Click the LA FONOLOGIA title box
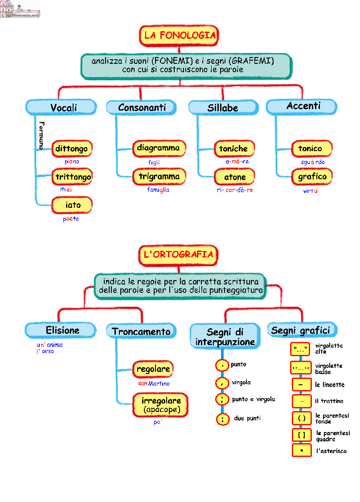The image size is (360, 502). pyautogui.click(x=180, y=36)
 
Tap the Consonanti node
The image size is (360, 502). pyautogui.click(x=142, y=107)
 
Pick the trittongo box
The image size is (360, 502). pyautogui.click(x=73, y=177)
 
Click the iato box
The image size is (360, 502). pyautogui.click(x=73, y=205)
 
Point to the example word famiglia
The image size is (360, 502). pyautogui.click(x=158, y=190)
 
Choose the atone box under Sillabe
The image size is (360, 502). pyautogui.click(x=235, y=177)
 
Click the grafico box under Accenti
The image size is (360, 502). pyautogui.click(x=312, y=177)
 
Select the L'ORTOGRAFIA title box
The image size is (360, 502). pyautogui.click(x=179, y=255)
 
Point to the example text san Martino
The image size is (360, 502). pyautogui.click(x=154, y=383)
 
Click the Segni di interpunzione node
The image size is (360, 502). pyautogui.click(x=225, y=337)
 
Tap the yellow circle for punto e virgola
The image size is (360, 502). pyautogui.click(x=222, y=399)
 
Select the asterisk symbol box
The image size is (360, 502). pyautogui.click(x=302, y=451)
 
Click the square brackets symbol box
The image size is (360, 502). pyautogui.click(x=302, y=434)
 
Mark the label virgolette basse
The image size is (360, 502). pyautogui.click(x=329, y=369)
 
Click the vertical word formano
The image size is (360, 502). pyautogui.click(x=41, y=136)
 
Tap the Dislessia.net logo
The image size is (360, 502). pyautogui.click(x=20, y=9)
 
